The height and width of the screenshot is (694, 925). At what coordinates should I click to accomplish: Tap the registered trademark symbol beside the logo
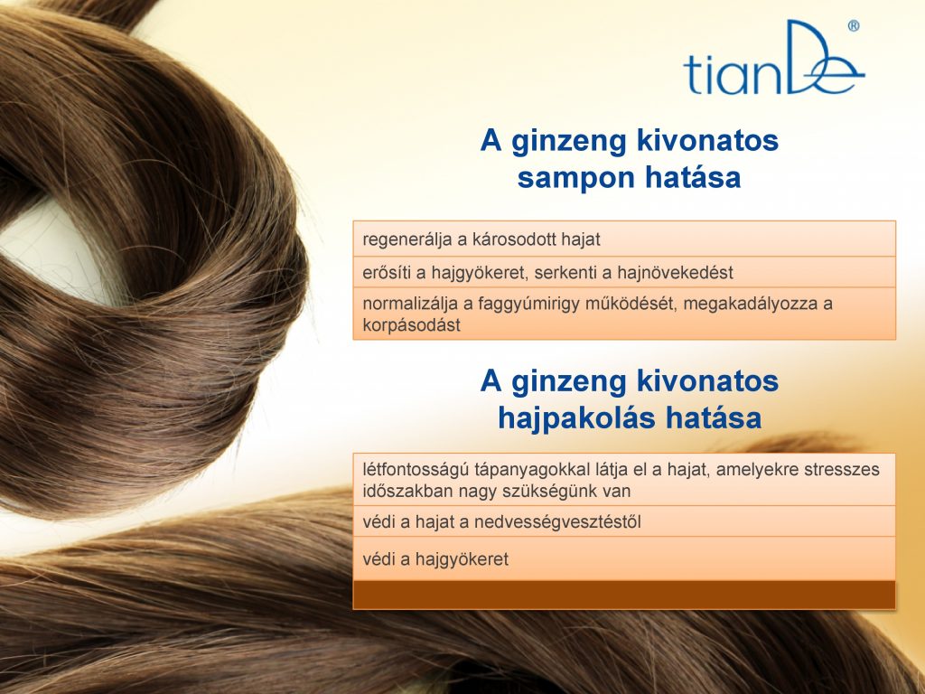(x=854, y=26)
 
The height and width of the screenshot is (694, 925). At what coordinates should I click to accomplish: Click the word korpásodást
(x=411, y=325)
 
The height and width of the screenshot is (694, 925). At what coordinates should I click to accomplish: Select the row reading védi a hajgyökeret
(x=624, y=558)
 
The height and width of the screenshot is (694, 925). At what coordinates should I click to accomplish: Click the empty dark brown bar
(x=624, y=595)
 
